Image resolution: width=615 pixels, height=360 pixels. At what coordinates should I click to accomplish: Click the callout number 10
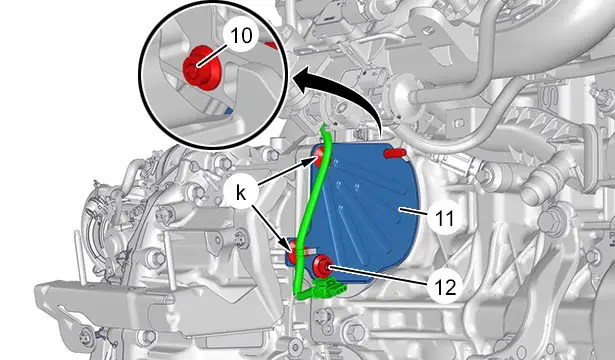pyautogui.click(x=241, y=36)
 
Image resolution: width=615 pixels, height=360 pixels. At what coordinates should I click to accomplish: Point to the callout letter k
pyautogui.click(x=241, y=193)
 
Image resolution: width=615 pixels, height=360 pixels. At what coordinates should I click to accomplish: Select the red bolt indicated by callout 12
pyautogui.click(x=322, y=267)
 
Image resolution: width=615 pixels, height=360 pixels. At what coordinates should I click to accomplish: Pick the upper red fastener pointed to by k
pyautogui.click(x=321, y=156)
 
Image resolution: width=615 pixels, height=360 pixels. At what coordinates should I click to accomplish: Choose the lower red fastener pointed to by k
pyautogui.click(x=293, y=251)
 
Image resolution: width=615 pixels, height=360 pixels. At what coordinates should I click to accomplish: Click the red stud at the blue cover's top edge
pyautogui.click(x=395, y=153)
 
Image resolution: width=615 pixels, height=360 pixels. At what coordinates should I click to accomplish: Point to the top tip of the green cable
pyautogui.click(x=323, y=124)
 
